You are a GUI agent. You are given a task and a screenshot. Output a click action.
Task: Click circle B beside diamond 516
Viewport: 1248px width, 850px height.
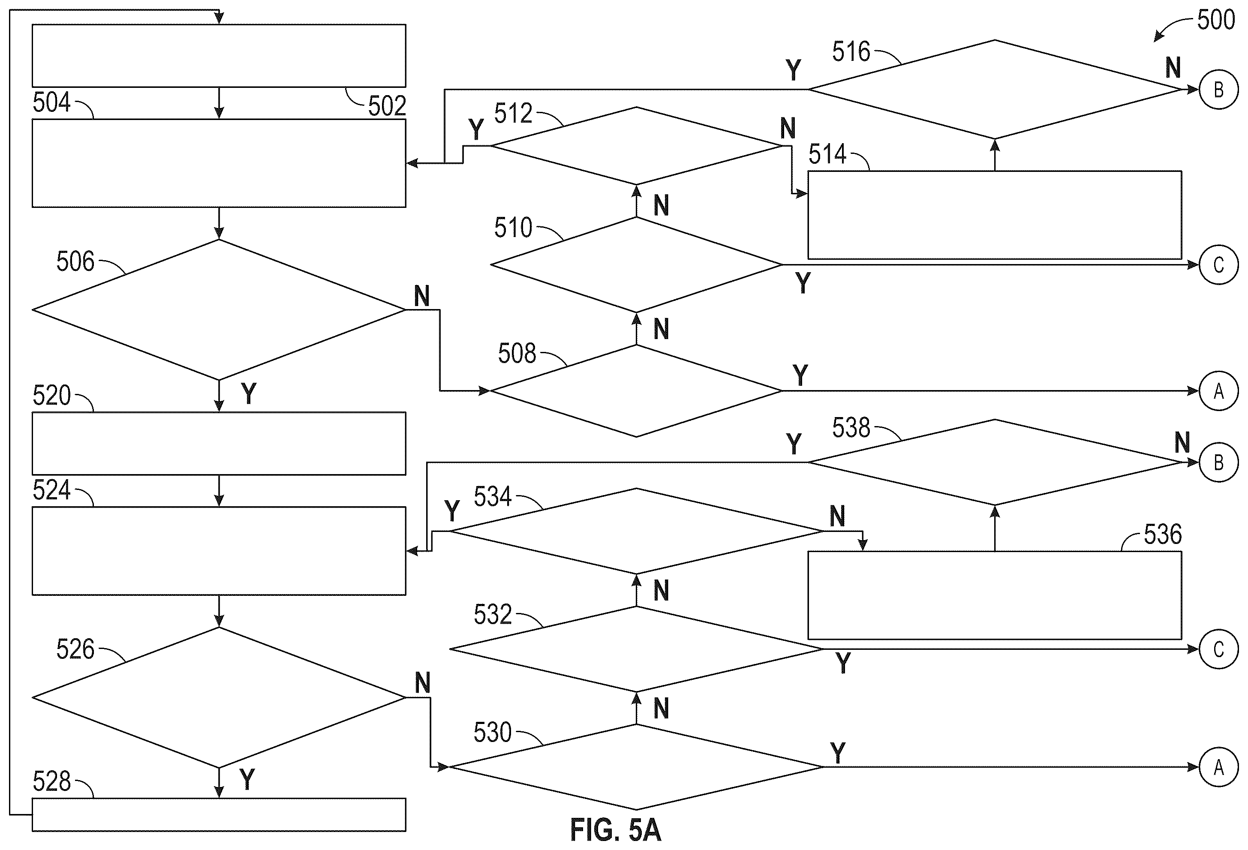(x=1218, y=89)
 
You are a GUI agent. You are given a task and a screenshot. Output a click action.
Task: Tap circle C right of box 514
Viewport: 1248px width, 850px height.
(x=1218, y=265)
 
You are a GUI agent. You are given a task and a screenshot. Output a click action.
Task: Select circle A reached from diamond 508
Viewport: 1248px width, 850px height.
(x=1218, y=391)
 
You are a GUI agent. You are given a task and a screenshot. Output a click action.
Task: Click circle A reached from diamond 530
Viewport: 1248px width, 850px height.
(x=1218, y=767)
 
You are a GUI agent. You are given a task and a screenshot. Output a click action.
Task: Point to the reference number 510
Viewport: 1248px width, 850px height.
(x=513, y=228)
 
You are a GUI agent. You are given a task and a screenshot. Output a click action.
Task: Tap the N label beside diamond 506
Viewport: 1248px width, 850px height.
(x=422, y=296)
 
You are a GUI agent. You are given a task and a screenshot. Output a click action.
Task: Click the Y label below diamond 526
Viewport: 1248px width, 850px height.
(x=247, y=779)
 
